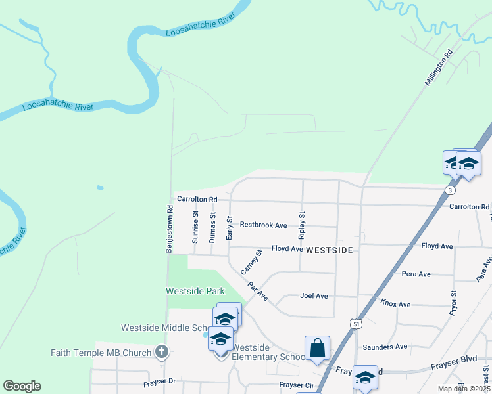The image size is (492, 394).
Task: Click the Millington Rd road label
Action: pyautogui.click(x=439, y=68)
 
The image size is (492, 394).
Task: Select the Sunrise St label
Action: pyautogui.click(x=195, y=227)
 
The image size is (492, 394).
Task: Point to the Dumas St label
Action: pyautogui.click(x=212, y=227)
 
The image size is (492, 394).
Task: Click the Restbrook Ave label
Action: pyautogui.click(x=263, y=225)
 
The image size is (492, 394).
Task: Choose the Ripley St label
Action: pyautogui.click(x=302, y=224)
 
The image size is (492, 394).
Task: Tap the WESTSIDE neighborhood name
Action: pyautogui.click(x=330, y=250)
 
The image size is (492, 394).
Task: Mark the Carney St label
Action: pyautogui.click(x=251, y=261)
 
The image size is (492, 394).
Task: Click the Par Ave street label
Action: pyautogui.click(x=258, y=292)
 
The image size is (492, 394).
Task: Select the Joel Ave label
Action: pyautogui.click(x=314, y=296)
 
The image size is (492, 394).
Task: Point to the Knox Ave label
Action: pyautogui.click(x=395, y=304)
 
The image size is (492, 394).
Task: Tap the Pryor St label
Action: pyautogui.click(x=453, y=303)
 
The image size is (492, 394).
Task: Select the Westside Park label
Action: pyautogui.click(x=195, y=291)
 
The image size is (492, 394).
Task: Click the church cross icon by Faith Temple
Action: pyautogui.click(x=162, y=352)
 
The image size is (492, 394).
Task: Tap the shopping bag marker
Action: pyautogui.click(x=317, y=347)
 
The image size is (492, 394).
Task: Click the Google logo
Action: pyautogui.click(x=22, y=386)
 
